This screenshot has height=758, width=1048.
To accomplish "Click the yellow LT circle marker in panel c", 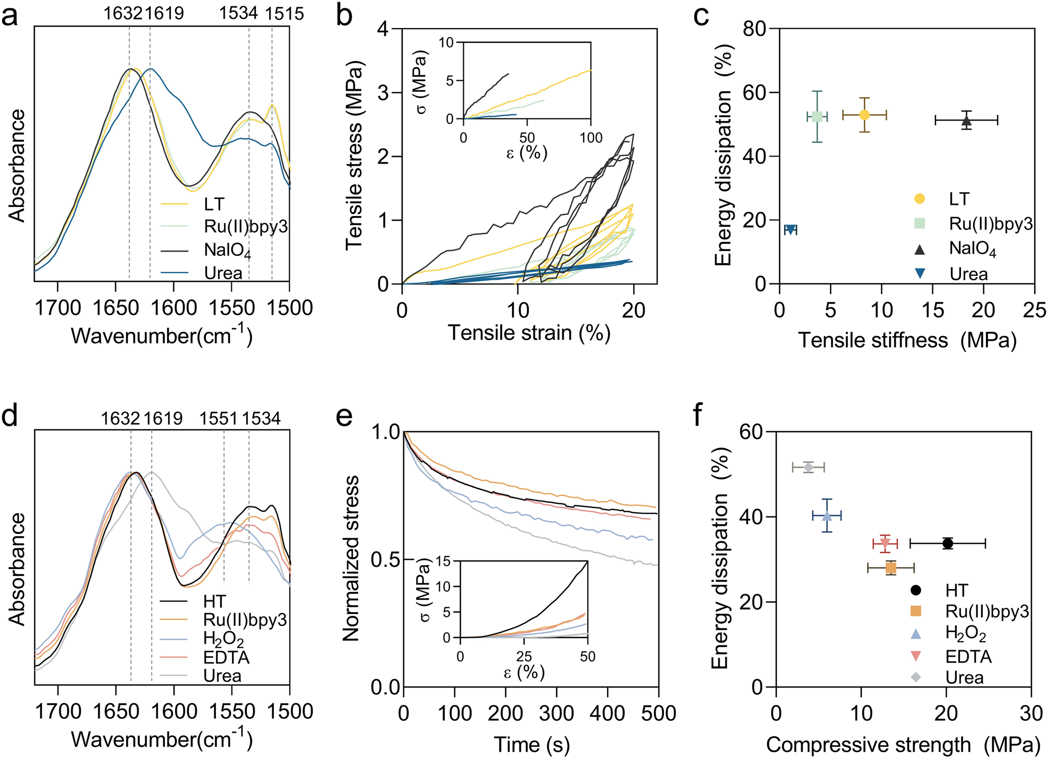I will coord(864,115).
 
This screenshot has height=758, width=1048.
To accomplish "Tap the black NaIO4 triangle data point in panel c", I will coord(966,120).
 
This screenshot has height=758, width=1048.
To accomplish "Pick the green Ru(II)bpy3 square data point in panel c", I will coord(817,117).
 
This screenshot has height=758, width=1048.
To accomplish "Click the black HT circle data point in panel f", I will coord(948,543).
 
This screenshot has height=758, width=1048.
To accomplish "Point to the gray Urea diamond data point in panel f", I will coord(808,467).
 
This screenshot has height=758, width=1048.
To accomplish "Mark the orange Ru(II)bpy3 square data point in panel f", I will coord(891,568).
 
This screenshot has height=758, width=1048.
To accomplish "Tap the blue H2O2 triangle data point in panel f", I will coord(827,515).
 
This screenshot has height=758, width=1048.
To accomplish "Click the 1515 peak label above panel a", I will coord(284,13).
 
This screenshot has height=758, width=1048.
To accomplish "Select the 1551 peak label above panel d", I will coord(218,418).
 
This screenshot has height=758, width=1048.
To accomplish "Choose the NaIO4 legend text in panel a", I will coord(227,250).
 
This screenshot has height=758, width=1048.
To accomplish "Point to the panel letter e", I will coord(344,417).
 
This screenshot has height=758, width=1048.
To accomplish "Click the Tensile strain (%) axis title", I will coord(529,333).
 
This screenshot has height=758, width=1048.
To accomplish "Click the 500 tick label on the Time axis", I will coord(659,712).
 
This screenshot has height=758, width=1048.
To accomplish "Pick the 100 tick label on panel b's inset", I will coord(591,138).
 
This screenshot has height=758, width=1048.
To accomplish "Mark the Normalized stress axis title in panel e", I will coord(351,558).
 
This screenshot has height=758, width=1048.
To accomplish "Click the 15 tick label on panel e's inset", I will coord(444,561).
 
